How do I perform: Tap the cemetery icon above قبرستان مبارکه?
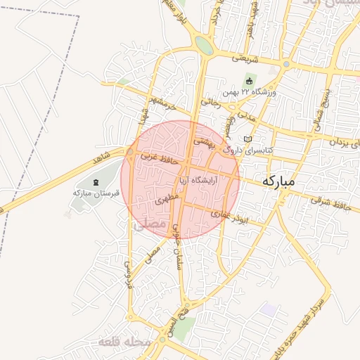(x=96, y=183)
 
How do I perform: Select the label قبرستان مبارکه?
(x=96, y=193)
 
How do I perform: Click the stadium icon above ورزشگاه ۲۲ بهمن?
(x=249, y=82)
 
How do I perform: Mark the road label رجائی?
(x=211, y=103)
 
